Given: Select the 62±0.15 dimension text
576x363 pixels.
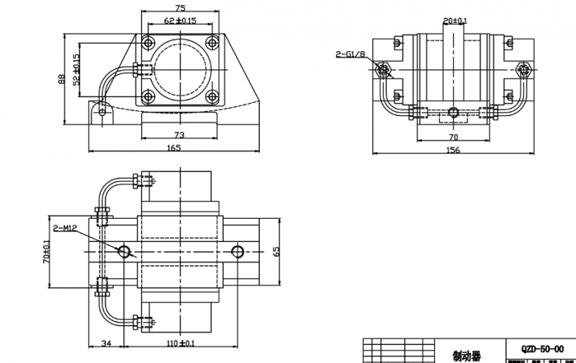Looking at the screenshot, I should [x=181, y=21].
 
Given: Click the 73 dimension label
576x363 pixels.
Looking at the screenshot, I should [x=180, y=135].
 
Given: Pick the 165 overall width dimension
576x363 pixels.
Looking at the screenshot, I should [x=175, y=148].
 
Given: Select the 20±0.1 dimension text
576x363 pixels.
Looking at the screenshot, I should [x=455, y=22].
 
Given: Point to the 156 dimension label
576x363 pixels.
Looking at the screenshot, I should [x=453, y=150].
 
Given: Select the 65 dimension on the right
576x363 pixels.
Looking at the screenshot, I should [x=276, y=251].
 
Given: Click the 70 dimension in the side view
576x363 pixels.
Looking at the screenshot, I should [x=454, y=135].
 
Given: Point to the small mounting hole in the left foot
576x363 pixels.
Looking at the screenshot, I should [x=104, y=112].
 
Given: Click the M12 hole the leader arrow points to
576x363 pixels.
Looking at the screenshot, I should [x=125, y=251].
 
